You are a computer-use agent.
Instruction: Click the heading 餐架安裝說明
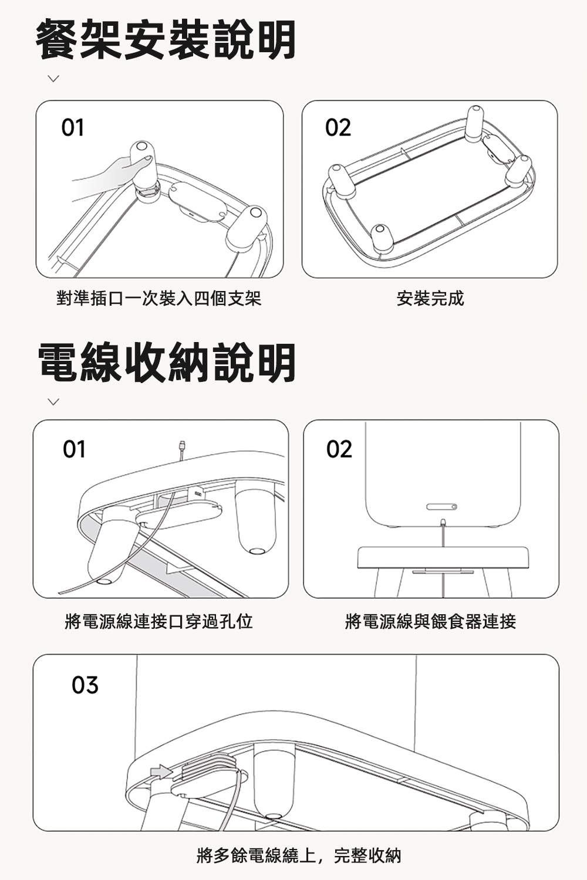pos(166,40)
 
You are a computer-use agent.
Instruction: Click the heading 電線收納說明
pos(167,362)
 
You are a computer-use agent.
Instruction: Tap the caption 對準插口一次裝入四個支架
pos(159,298)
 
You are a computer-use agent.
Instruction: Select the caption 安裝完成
pos(430,298)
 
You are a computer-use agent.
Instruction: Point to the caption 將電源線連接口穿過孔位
pos(158,621)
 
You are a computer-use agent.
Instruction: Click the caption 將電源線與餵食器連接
pos(430,621)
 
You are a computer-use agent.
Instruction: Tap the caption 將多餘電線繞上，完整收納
pos(299,855)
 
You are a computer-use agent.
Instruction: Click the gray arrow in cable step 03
pos(161,771)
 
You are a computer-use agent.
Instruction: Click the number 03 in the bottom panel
pos(85,685)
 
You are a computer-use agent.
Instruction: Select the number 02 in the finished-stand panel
pos(338,127)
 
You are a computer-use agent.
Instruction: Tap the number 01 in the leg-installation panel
pos(73,127)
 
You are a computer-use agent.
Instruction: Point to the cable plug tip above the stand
pos(181,446)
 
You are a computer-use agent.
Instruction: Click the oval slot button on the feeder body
pos(441,507)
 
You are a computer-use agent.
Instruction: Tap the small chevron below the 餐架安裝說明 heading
pos(53,79)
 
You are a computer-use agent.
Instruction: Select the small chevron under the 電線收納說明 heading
pos(53,401)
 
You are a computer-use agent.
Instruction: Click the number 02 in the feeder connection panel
pos(339,449)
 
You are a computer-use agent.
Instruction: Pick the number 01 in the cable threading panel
pos(74,449)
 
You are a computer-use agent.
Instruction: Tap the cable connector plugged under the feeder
pos(443,523)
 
